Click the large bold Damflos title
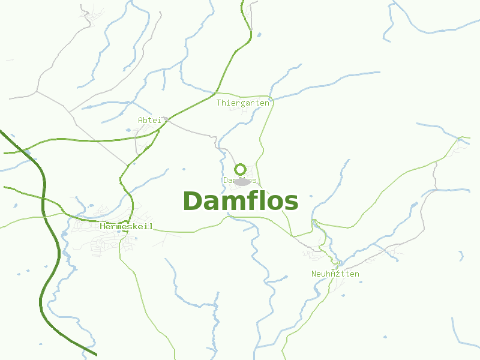tap(240, 202)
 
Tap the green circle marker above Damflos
tap(240, 169)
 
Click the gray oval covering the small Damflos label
tap(241, 181)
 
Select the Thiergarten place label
tap(243, 103)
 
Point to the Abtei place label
tap(150, 120)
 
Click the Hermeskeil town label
tap(127, 226)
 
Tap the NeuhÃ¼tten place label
tap(335, 274)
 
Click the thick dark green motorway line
tap(44, 198)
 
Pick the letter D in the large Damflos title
tap(193, 202)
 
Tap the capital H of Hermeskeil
tap(103, 226)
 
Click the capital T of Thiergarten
tap(219, 103)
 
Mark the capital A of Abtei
tap(140, 120)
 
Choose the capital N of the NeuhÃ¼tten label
tap(314, 274)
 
